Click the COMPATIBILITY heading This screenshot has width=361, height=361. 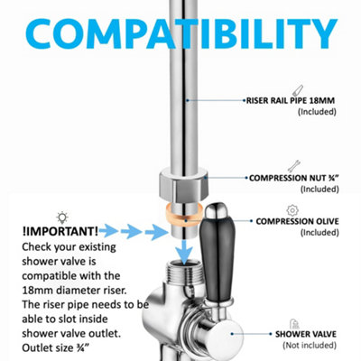181,34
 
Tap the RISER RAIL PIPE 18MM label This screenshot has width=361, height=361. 291,100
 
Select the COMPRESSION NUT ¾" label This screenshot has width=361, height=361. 294,178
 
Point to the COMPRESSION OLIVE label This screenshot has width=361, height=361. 297,221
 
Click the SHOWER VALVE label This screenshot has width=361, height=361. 306,334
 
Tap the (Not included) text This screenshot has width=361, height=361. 310,346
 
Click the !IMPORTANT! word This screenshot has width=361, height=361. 60,232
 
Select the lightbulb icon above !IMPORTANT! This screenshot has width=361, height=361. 62,218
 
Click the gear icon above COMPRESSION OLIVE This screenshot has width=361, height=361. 292,210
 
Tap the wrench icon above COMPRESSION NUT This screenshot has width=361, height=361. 293,166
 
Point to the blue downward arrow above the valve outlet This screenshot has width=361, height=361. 184,252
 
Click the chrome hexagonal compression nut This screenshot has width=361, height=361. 183,185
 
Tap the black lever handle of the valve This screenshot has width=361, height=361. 217,260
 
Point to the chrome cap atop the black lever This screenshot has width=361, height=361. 218,210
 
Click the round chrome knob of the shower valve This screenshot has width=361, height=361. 228,334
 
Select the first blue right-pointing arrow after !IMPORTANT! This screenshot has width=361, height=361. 108,231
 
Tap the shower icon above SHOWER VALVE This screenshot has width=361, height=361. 294,324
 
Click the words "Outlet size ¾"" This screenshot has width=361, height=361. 56,348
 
